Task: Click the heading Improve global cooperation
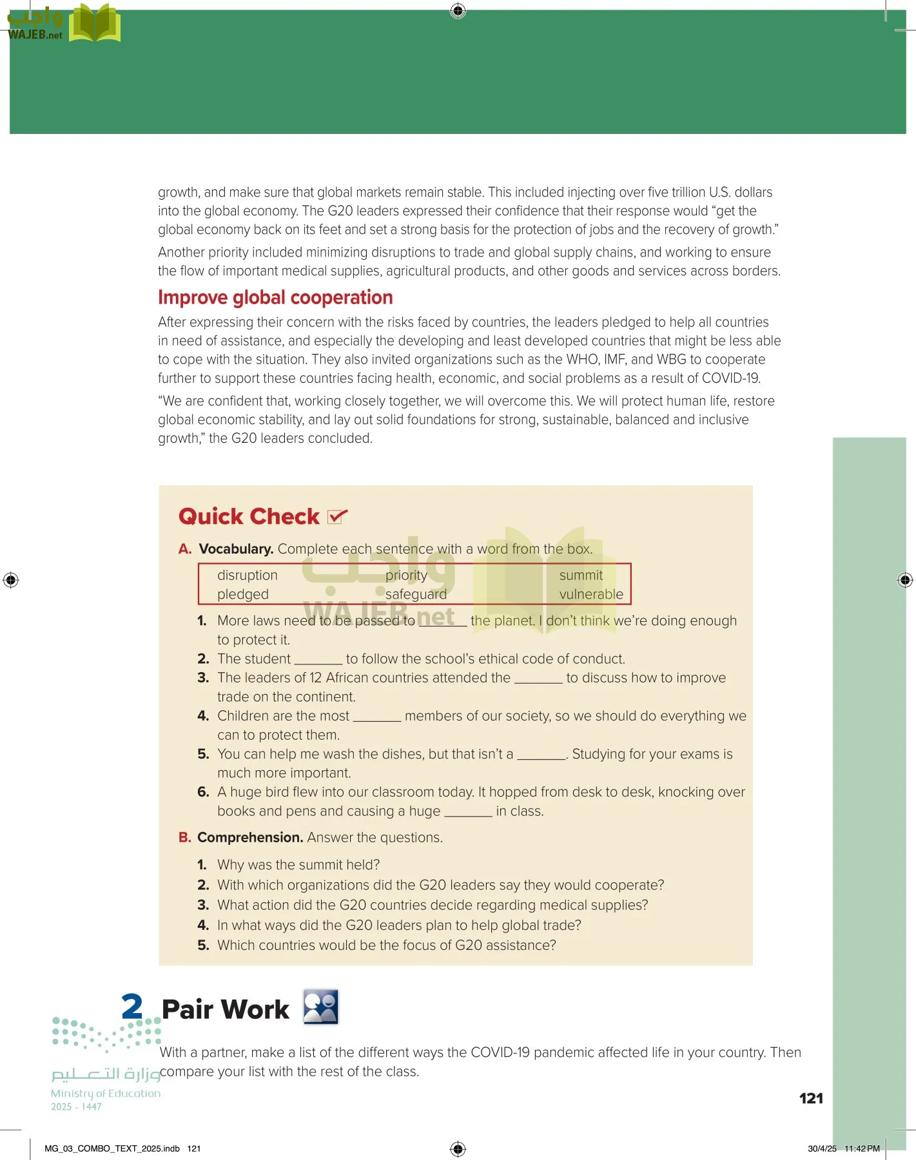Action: (x=275, y=298)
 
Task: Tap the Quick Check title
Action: (x=249, y=516)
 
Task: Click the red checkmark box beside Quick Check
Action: (x=336, y=516)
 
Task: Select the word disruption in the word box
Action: (x=248, y=575)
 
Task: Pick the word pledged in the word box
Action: (x=243, y=594)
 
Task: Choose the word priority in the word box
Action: (x=406, y=575)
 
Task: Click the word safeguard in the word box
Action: (x=416, y=594)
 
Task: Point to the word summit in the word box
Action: (x=581, y=575)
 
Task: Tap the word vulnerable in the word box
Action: (x=591, y=594)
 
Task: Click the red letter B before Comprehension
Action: (x=185, y=837)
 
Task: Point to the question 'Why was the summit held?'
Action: (x=298, y=865)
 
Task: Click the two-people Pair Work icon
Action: (x=321, y=1007)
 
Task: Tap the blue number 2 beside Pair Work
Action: (x=132, y=1006)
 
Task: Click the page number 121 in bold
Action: (x=811, y=1098)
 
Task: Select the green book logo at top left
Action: (x=95, y=23)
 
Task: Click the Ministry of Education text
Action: (x=106, y=1093)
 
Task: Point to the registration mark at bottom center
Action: (x=458, y=1148)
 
